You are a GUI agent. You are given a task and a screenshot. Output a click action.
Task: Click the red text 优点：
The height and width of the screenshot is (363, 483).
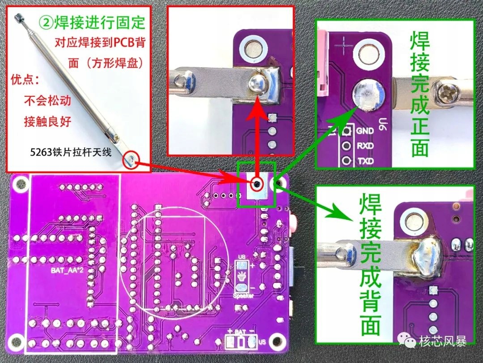(x=25, y=80)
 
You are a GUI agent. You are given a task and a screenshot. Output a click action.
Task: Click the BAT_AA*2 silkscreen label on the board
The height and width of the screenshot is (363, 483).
(x=67, y=271)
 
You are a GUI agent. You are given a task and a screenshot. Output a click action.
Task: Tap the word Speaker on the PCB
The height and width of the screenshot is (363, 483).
(x=244, y=296)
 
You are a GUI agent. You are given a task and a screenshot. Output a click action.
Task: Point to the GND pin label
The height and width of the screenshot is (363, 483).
(x=364, y=131)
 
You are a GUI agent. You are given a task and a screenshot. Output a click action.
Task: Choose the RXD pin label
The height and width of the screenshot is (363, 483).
(x=364, y=146)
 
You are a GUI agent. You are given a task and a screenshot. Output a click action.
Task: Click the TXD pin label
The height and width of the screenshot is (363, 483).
(x=364, y=160)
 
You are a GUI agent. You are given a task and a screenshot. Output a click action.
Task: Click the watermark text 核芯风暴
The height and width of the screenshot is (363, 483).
(x=443, y=342)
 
